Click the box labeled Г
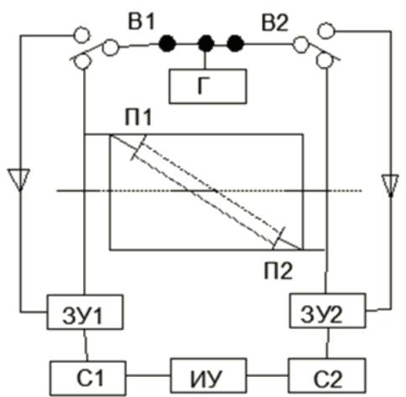[208, 86]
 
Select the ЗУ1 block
[85, 312]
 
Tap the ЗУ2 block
[327, 311]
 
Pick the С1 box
[88, 378]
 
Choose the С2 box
[327, 376]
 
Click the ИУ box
[209, 376]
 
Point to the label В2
[274, 22]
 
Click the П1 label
[138, 117]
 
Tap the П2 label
[278, 271]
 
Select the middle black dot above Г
[206, 44]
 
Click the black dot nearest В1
[168, 44]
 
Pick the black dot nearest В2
[236, 44]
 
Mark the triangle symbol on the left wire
[18, 179]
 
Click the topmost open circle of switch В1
[81, 35]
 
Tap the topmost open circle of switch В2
[326, 30]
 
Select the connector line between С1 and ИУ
[148, 375]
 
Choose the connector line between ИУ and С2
[268, 375]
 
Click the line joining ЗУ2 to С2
[328, 343]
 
